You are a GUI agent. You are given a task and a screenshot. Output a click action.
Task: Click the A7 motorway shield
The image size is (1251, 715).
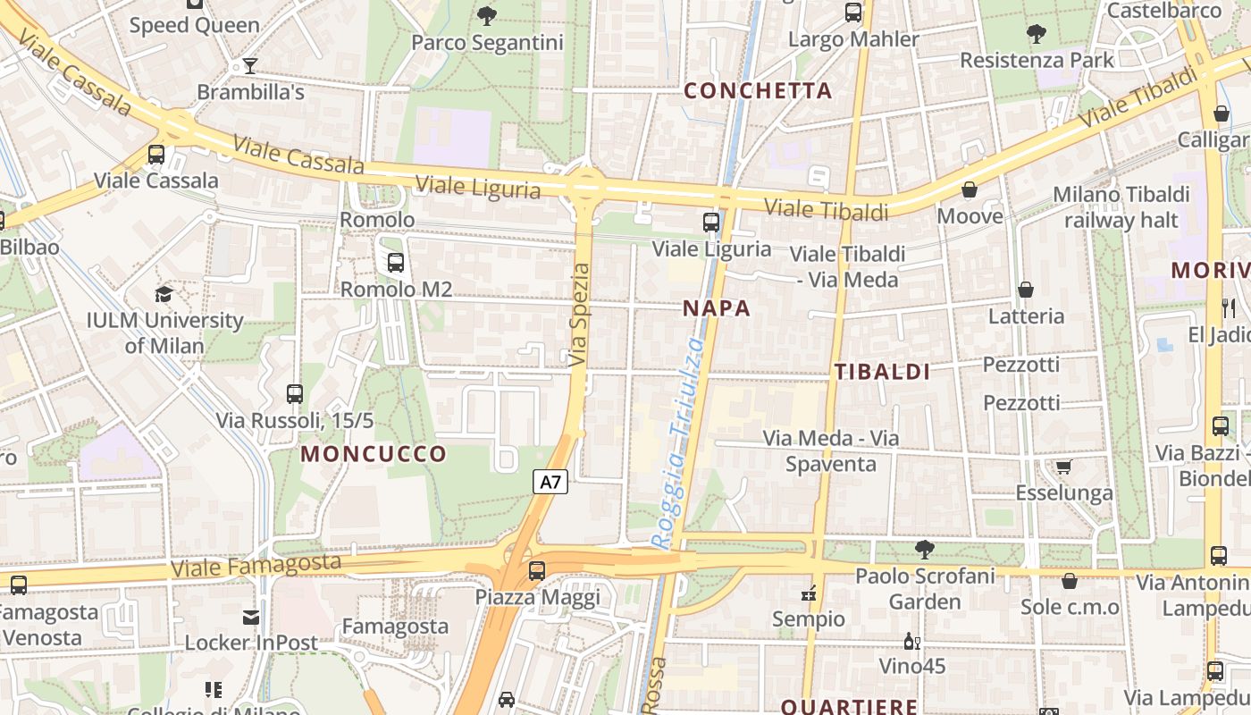click(550, 482)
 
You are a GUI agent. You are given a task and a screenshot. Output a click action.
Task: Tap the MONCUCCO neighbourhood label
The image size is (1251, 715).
click(374, 454)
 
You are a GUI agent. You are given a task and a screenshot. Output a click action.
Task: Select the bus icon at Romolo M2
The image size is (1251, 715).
click(395, 263)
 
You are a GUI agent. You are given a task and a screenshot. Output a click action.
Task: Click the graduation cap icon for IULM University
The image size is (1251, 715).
click(164, 294)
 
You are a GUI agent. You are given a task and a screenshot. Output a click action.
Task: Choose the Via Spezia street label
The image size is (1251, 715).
click(581, 314)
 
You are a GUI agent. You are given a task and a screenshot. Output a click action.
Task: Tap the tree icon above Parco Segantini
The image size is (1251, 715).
click(487, 14)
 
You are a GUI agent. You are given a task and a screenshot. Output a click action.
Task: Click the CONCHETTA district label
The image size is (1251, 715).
click(758, 90)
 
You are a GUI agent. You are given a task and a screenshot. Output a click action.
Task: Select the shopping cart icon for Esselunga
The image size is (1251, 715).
click(1063, 467)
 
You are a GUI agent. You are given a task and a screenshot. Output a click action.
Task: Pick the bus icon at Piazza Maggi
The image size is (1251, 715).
click(537, 570)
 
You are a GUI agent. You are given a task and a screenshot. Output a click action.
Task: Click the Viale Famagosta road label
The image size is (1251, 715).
click(256, 565)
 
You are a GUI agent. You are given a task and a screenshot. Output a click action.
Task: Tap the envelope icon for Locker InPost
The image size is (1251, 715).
click(251, 617)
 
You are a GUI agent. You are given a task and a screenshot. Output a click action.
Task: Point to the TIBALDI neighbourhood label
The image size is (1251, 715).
click(882, 373)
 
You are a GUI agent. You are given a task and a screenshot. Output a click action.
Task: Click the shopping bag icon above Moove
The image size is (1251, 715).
click(970, 189)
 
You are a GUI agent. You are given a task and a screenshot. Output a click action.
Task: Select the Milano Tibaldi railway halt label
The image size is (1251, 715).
click(1121, 206)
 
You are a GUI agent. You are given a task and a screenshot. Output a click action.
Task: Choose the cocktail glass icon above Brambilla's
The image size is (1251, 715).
click(250, 66)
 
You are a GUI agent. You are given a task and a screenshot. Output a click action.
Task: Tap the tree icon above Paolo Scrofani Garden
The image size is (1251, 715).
click(925, 549)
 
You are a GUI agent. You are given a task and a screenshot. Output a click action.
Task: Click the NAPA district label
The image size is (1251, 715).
click(717, 309)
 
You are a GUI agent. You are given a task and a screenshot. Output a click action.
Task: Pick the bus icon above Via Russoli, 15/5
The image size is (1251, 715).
click(295, 393)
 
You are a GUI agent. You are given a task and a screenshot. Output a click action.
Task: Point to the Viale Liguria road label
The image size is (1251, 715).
click(478, 188)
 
